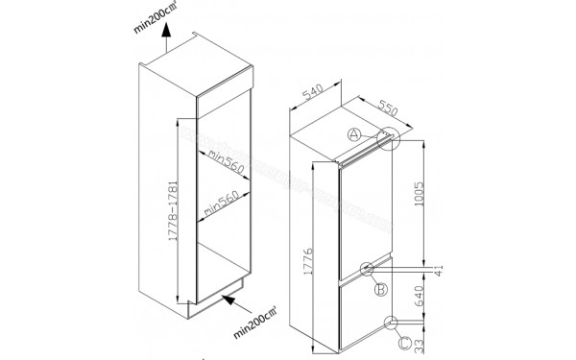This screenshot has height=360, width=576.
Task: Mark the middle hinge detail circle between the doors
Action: pos(369,268)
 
